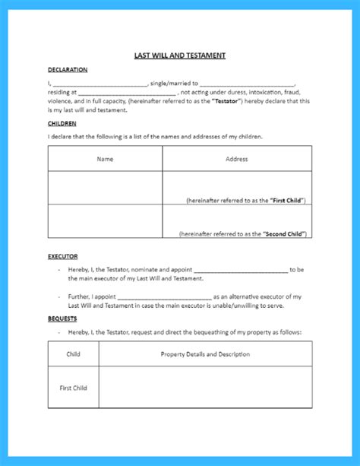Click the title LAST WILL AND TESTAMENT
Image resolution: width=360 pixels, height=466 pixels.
pyautogui.click(x=180, y=55)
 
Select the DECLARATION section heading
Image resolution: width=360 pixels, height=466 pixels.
pyautogui.click(x=67, y=70)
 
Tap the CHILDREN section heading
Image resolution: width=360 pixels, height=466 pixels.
pyautogui.click(x=62, y=122)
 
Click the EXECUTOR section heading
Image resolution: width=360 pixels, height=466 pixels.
pyautogui.click(x=63, y=257)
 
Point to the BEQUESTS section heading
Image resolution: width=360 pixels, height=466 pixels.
pyautogui.click(x=63, y=319)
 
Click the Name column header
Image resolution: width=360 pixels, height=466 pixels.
pyautogui.click(x=105, y=159)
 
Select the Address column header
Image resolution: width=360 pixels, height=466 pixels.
pyautogui.click(x=236, y=159)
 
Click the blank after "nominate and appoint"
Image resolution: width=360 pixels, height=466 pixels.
pyautogui.click(x=241, y=270)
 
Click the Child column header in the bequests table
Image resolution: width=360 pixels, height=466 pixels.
pyautogui.click(x=74, y=354)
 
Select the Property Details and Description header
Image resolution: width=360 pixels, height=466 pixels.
pyautogui.click(x=205, y=354)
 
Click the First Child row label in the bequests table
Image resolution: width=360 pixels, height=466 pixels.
pyautogui.click(x=74, y=388)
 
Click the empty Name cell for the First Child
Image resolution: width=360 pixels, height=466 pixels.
pyautogui.click(x=105, y=188)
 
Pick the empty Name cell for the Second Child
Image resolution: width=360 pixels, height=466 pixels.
pyautogui.click(x=105, y=221)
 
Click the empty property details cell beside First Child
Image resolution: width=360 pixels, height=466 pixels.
pyautogui.click(x=205, y=388)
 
